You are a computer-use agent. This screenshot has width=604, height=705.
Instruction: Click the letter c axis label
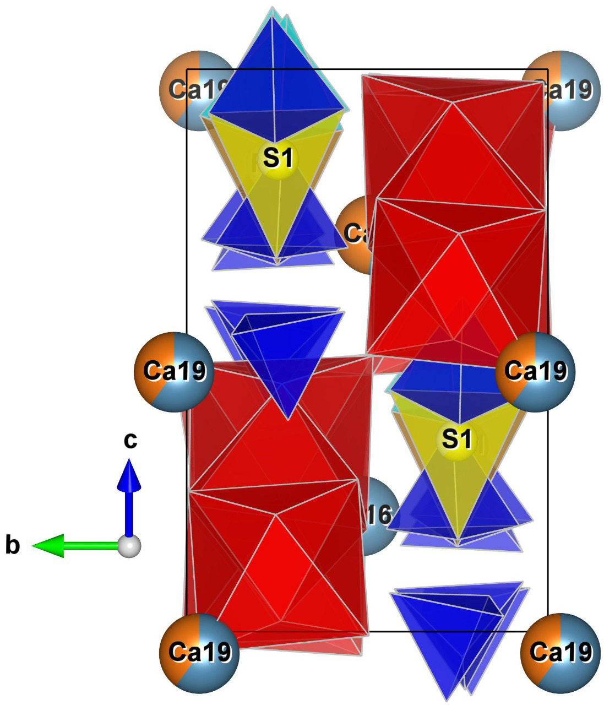pyautogui.click(x=130, y=440)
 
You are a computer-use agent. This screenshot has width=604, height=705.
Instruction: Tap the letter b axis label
pyautogui.click(x=13, y=546)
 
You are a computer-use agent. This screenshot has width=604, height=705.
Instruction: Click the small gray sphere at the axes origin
pyautogui.click(x=130, y=546)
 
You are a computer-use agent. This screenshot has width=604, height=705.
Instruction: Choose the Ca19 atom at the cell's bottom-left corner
pyautogui.click(x=199, y=653)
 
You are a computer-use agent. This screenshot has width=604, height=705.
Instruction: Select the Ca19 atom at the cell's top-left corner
pyautogui.click(x=190, y=90)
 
